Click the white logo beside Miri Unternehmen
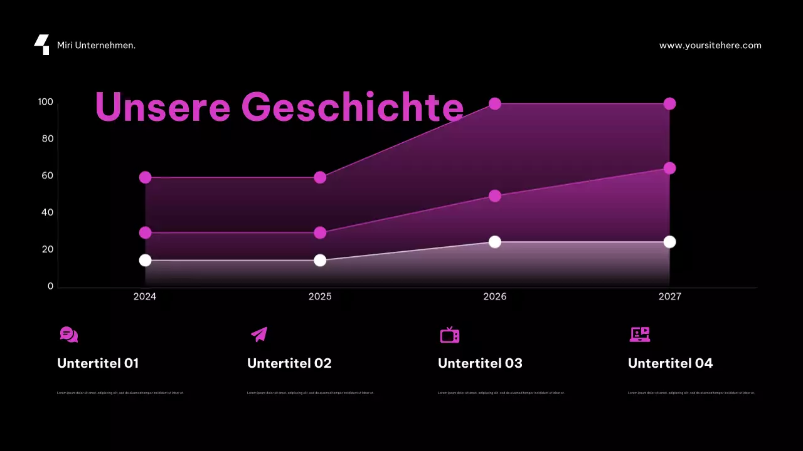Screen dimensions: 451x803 42,45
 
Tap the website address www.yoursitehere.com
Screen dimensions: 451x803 710,46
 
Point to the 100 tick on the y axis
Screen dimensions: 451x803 46,102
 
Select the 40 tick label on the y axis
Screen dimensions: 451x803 48,212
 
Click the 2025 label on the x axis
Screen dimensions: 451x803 320,297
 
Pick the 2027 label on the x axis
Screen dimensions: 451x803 669,297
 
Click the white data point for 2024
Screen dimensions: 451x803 145,260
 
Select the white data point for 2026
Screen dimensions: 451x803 495,242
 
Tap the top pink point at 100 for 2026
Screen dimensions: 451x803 495,103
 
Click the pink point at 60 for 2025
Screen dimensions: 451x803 320,177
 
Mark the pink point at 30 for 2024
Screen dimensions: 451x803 145,232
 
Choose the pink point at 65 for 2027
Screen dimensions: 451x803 669,168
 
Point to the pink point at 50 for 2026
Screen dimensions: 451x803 495,196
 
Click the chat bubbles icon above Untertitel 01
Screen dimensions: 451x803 69,334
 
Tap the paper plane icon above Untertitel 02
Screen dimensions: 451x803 259,334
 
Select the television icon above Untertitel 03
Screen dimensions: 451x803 449,334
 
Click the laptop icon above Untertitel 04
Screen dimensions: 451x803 639,334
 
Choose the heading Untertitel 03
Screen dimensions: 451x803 480,363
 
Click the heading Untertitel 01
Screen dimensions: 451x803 98,363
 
